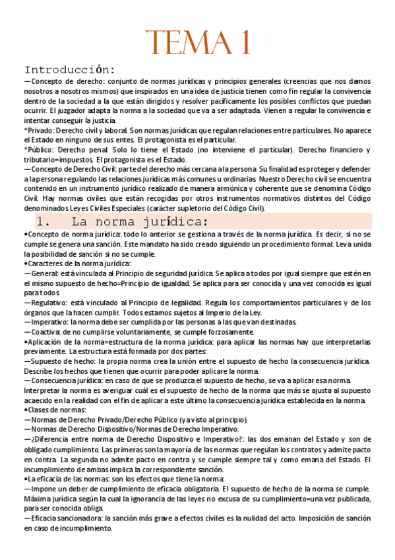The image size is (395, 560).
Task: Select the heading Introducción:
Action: (x=70, y=69)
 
